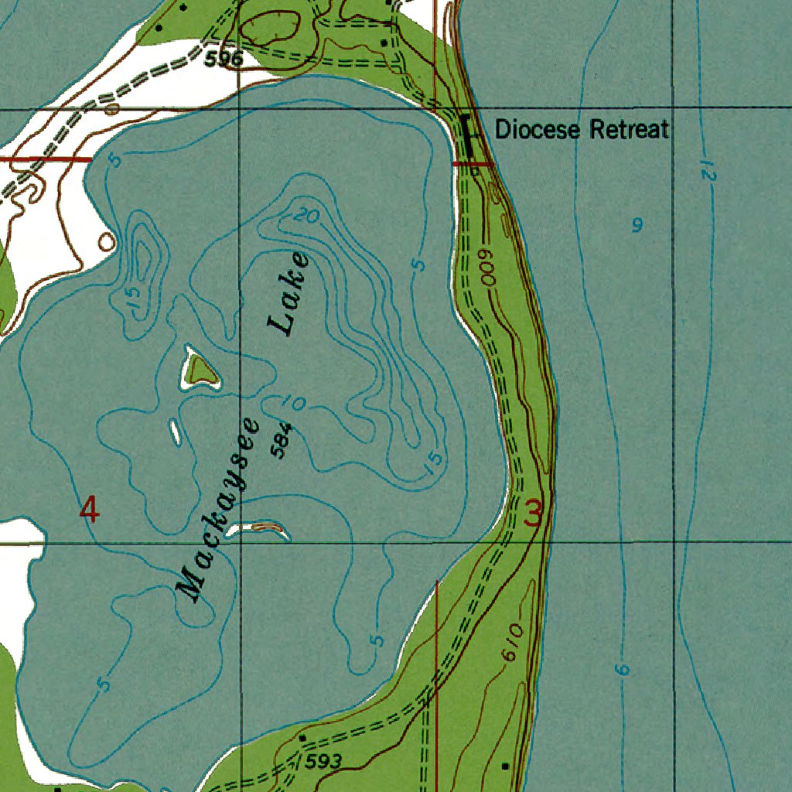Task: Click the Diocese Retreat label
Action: [x=582, y=129]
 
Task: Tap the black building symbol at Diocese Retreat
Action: [x=466, y=128]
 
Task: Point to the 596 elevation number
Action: [x=224, y=59]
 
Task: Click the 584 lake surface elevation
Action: [x=282, y=439]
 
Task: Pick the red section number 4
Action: [x=90, y=510]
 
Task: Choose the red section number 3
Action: [x=534, y=514]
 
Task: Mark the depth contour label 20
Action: [x=307, y=217]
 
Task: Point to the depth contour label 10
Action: [x=293, y=402]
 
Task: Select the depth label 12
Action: [x=707, y=171]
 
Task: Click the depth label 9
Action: [x=637, y=226]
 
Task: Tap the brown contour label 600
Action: [x=488, y=268]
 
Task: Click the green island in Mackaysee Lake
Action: [x=203, y=369]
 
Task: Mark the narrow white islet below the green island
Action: [x=175, y=432]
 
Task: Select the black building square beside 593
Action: [x=302, y=739]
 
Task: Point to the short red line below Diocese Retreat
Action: [x=472, y=164]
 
